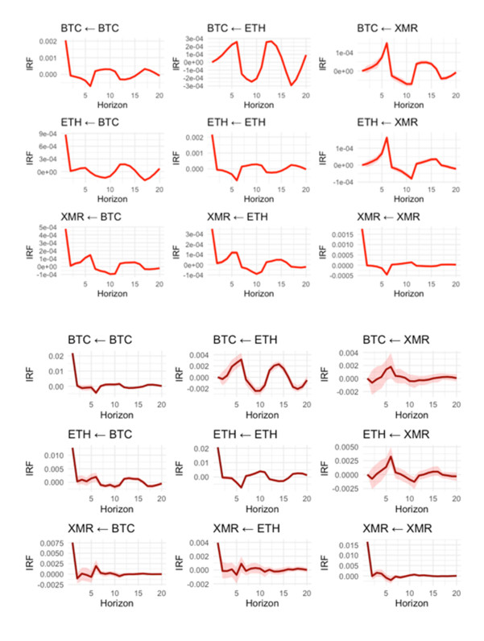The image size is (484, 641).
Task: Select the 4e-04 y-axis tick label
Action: (x=49, y=238)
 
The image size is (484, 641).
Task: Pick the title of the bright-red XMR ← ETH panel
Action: (x=240, y=217)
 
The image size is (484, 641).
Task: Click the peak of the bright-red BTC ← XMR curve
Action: (x=387, y=43)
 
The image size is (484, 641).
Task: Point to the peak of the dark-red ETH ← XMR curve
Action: (x=391, y=457)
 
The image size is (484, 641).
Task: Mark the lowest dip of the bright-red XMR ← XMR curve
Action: (x=387, y=274)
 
